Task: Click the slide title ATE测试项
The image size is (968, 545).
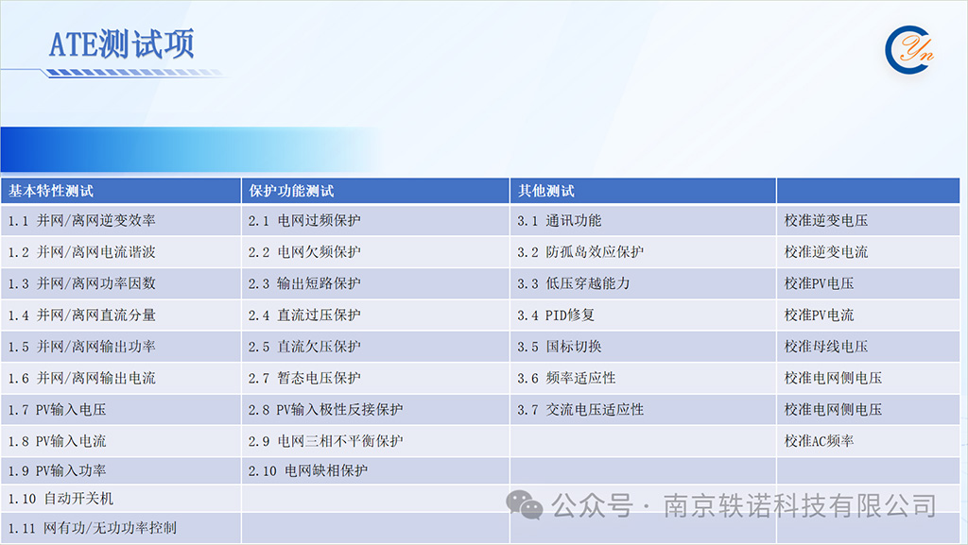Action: pyautogui.click(x=122, y=44)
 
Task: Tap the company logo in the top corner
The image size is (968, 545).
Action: pyautogui.click(x=908, y=49)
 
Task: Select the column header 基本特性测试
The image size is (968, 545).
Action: pyautogui.click(x=51, y=191)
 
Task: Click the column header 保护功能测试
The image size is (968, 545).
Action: pyautogui.click(x=291, y=191)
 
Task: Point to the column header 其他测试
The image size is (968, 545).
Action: pyautogui.click(x=545, y=191)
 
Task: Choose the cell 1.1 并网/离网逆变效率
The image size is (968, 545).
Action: pyautogui.click(x=81, y=221)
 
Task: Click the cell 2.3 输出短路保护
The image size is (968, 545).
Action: pyautogui.click(x=304, y=283)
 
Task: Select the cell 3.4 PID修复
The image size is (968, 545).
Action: pyautogui.click(x=556, y=315)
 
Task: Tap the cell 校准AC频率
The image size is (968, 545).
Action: pyautogui.click(x=819, y=441)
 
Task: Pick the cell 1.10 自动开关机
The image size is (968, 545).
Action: pyautogui.click(x=60, y=498)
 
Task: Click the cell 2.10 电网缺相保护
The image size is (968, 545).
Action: pyautogui.click(x=307, y=471)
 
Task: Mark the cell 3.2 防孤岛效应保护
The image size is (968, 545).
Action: pyautogui.click(x=580, y=252)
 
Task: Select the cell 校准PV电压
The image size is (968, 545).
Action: pyautogui.click(x=819, y=283)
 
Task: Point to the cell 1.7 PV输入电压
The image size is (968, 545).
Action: pyautogui.click(x=57, y=409)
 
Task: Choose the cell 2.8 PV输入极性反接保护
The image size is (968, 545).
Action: pyautogui.click(x=325, y=409)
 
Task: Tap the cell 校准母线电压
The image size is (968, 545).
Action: pyautogui.click(x=826, y=347)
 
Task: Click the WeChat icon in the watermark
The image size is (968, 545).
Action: pyautogui.click(x=524, y=505)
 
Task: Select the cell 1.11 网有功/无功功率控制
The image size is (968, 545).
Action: pyautogui.click(x=92, y=528)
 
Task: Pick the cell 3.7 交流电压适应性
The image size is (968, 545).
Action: pyautogui.click(x=580, y=409)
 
